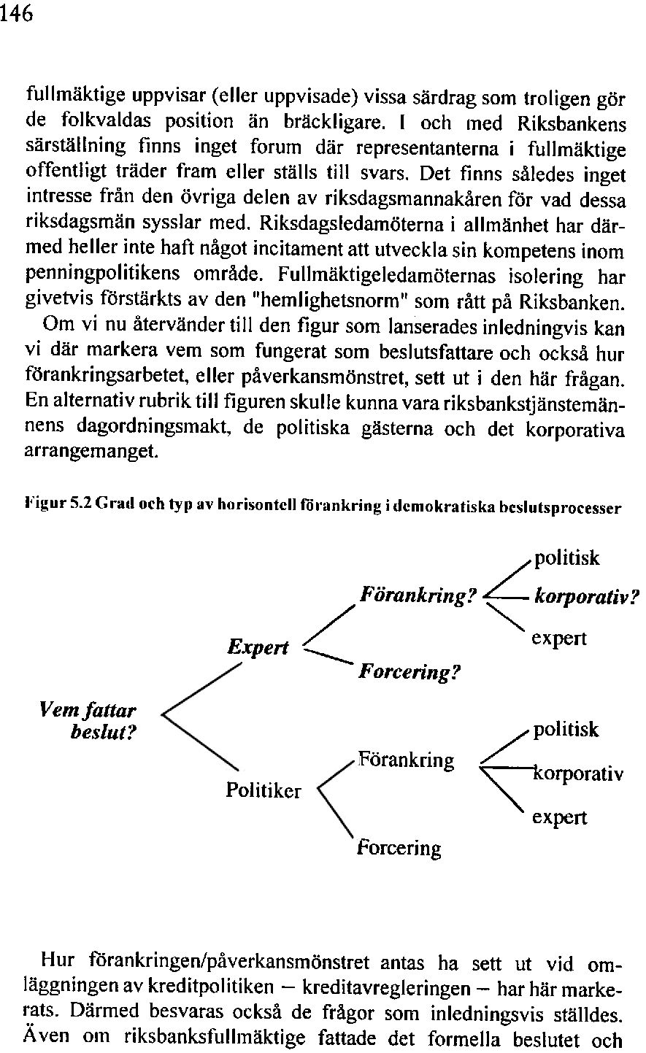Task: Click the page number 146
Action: click(18, 14)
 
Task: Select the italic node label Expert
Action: click(258, 647)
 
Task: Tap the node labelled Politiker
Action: click(264, 790)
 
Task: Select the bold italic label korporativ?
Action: click(586, 598)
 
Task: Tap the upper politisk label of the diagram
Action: click(567, 559)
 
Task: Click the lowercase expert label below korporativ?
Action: click(558, 639)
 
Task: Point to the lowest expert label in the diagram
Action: click(558, 818)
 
